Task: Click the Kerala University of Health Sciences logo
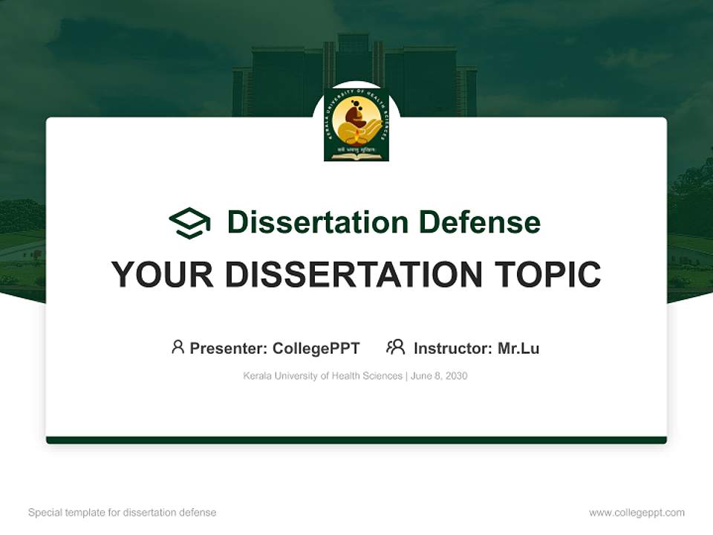(x=356, y=123)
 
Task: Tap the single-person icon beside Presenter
(x=178, y=347)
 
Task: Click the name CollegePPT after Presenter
(x=316, y=348)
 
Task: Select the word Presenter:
(x=229, y=348)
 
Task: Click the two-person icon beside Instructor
(x=395, y=347)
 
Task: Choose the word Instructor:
(x=452, y=348)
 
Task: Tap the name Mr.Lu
(x=518, y=348)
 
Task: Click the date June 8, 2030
(x=438, y=376)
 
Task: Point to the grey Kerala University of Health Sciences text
(x=322, y=376)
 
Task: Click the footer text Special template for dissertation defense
(x=123, y=513)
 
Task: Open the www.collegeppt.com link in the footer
(x=637, y=513)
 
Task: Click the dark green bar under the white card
(x=356, y=440)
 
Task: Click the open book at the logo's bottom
(x=356, y=155)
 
